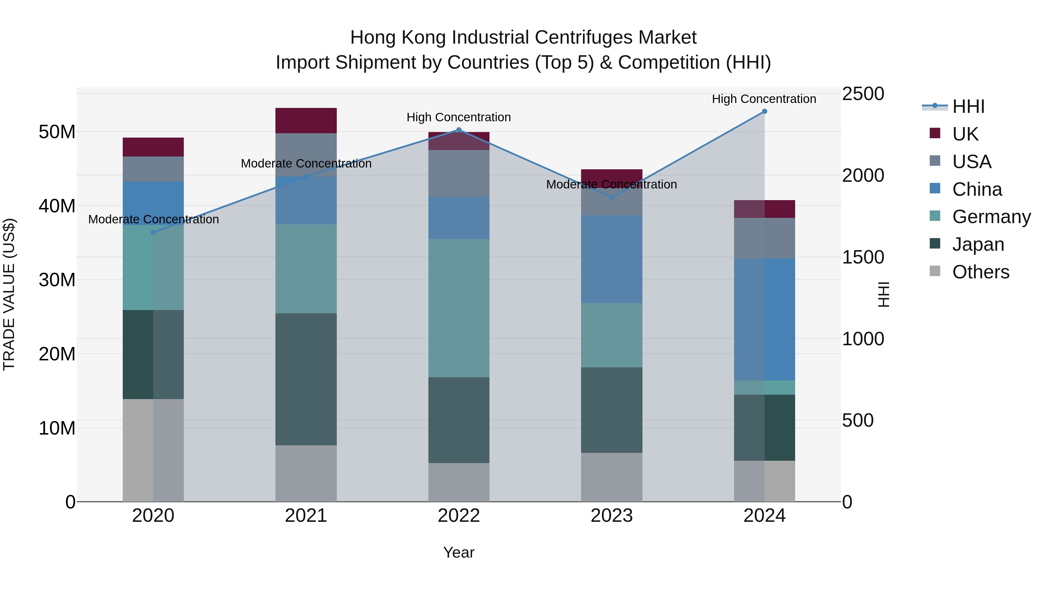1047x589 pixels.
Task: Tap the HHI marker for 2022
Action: tap(459, 130)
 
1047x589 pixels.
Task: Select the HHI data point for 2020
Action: tap(153, 232)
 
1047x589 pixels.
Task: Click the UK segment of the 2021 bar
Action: tap(306, 120)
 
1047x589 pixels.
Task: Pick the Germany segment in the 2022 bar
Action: tap(459, 308)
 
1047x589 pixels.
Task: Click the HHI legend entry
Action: tap(968, 106)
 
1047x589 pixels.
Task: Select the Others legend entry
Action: tap(980, 272)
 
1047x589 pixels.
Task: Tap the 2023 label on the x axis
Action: tap(612, 516)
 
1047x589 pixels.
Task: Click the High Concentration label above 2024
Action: tap(764, 99)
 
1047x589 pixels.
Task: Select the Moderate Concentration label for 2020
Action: tap(153, 220)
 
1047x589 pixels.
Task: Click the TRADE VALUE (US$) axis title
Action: tap(9, 294)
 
